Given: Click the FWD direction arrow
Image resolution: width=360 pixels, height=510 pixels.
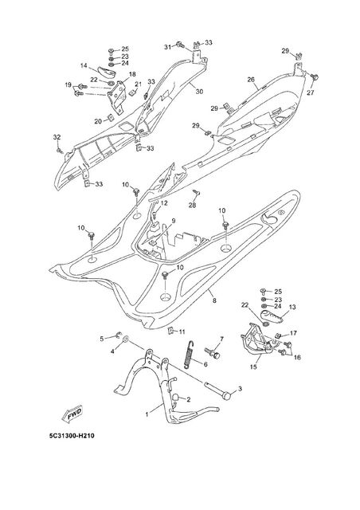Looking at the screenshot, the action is tap(72, 414).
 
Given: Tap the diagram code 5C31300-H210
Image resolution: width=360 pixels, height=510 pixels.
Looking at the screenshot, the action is tap(72, 436).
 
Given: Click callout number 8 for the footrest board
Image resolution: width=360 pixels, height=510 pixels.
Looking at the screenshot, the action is tap(214, 301).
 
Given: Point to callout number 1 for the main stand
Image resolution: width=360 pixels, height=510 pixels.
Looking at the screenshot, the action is tap(147, 414).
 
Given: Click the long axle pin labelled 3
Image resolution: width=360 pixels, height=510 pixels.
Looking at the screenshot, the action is tap(217, 390).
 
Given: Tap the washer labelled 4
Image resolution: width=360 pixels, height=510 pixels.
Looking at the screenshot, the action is tap(125, 340).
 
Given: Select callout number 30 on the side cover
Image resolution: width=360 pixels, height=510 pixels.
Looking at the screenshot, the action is tap(199, 92).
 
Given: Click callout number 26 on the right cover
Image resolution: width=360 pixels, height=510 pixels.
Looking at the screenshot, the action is tap(251, 80).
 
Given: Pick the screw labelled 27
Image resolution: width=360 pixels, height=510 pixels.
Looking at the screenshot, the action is tap(315, 78).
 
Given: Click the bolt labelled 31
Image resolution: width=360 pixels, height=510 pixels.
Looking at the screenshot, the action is tap(180, 45).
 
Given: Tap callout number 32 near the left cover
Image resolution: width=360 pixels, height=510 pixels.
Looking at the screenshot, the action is tap(57, 137).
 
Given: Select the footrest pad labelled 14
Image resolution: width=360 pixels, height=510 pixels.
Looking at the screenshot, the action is tap(107, 73).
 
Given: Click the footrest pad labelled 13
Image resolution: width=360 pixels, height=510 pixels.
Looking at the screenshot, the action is tap(272, 316).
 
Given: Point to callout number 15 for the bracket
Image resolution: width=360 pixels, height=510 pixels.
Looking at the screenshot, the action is tap(253, 367).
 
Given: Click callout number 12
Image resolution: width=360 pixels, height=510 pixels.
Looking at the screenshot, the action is tap(164, 203).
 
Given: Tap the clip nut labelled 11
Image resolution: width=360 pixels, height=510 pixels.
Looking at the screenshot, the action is tap(170, 331).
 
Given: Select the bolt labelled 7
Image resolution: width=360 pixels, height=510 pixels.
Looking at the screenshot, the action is tap(212, 353).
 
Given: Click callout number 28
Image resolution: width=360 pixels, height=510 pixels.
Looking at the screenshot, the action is tap(193, 206).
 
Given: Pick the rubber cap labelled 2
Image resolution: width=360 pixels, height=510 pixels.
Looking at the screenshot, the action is tap(176, 398).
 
